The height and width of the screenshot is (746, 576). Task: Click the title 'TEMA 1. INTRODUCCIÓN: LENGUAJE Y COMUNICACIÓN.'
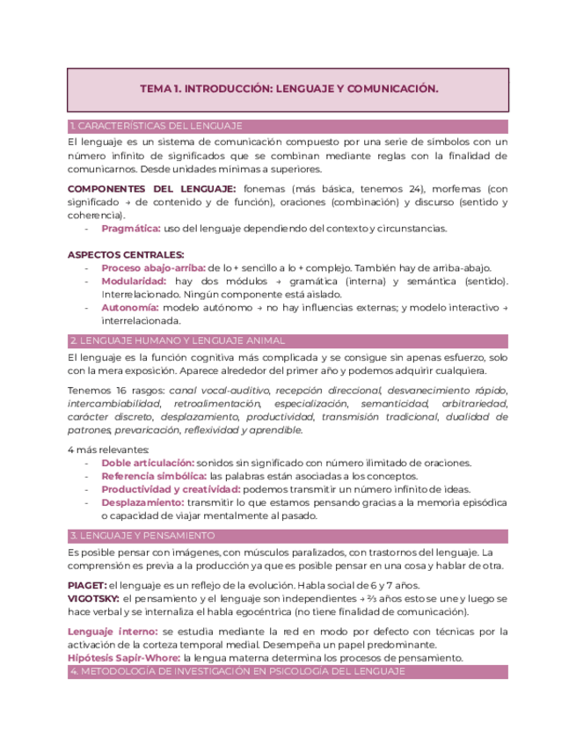[x=288, y=89]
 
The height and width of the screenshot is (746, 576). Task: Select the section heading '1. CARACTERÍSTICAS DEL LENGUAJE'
[x=156, y=126]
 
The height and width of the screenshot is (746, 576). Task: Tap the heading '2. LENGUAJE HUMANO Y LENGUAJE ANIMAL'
[x=177, y=340]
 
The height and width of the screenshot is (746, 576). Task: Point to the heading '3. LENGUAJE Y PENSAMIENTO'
[x=142, y=535]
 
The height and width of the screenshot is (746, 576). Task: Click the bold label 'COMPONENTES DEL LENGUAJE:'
[x=151, y=188]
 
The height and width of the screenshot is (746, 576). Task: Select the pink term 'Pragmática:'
[x=131, y=228]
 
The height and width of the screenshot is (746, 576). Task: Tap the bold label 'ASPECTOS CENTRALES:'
[x=113, y=255]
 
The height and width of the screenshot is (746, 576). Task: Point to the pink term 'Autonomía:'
[x=130, y=307]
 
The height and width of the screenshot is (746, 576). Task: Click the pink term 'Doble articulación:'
[x=148, y=463]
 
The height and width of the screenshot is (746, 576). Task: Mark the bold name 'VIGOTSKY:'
[x=93, y=598]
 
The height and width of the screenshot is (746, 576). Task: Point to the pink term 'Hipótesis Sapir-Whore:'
[x=124, y=657]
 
